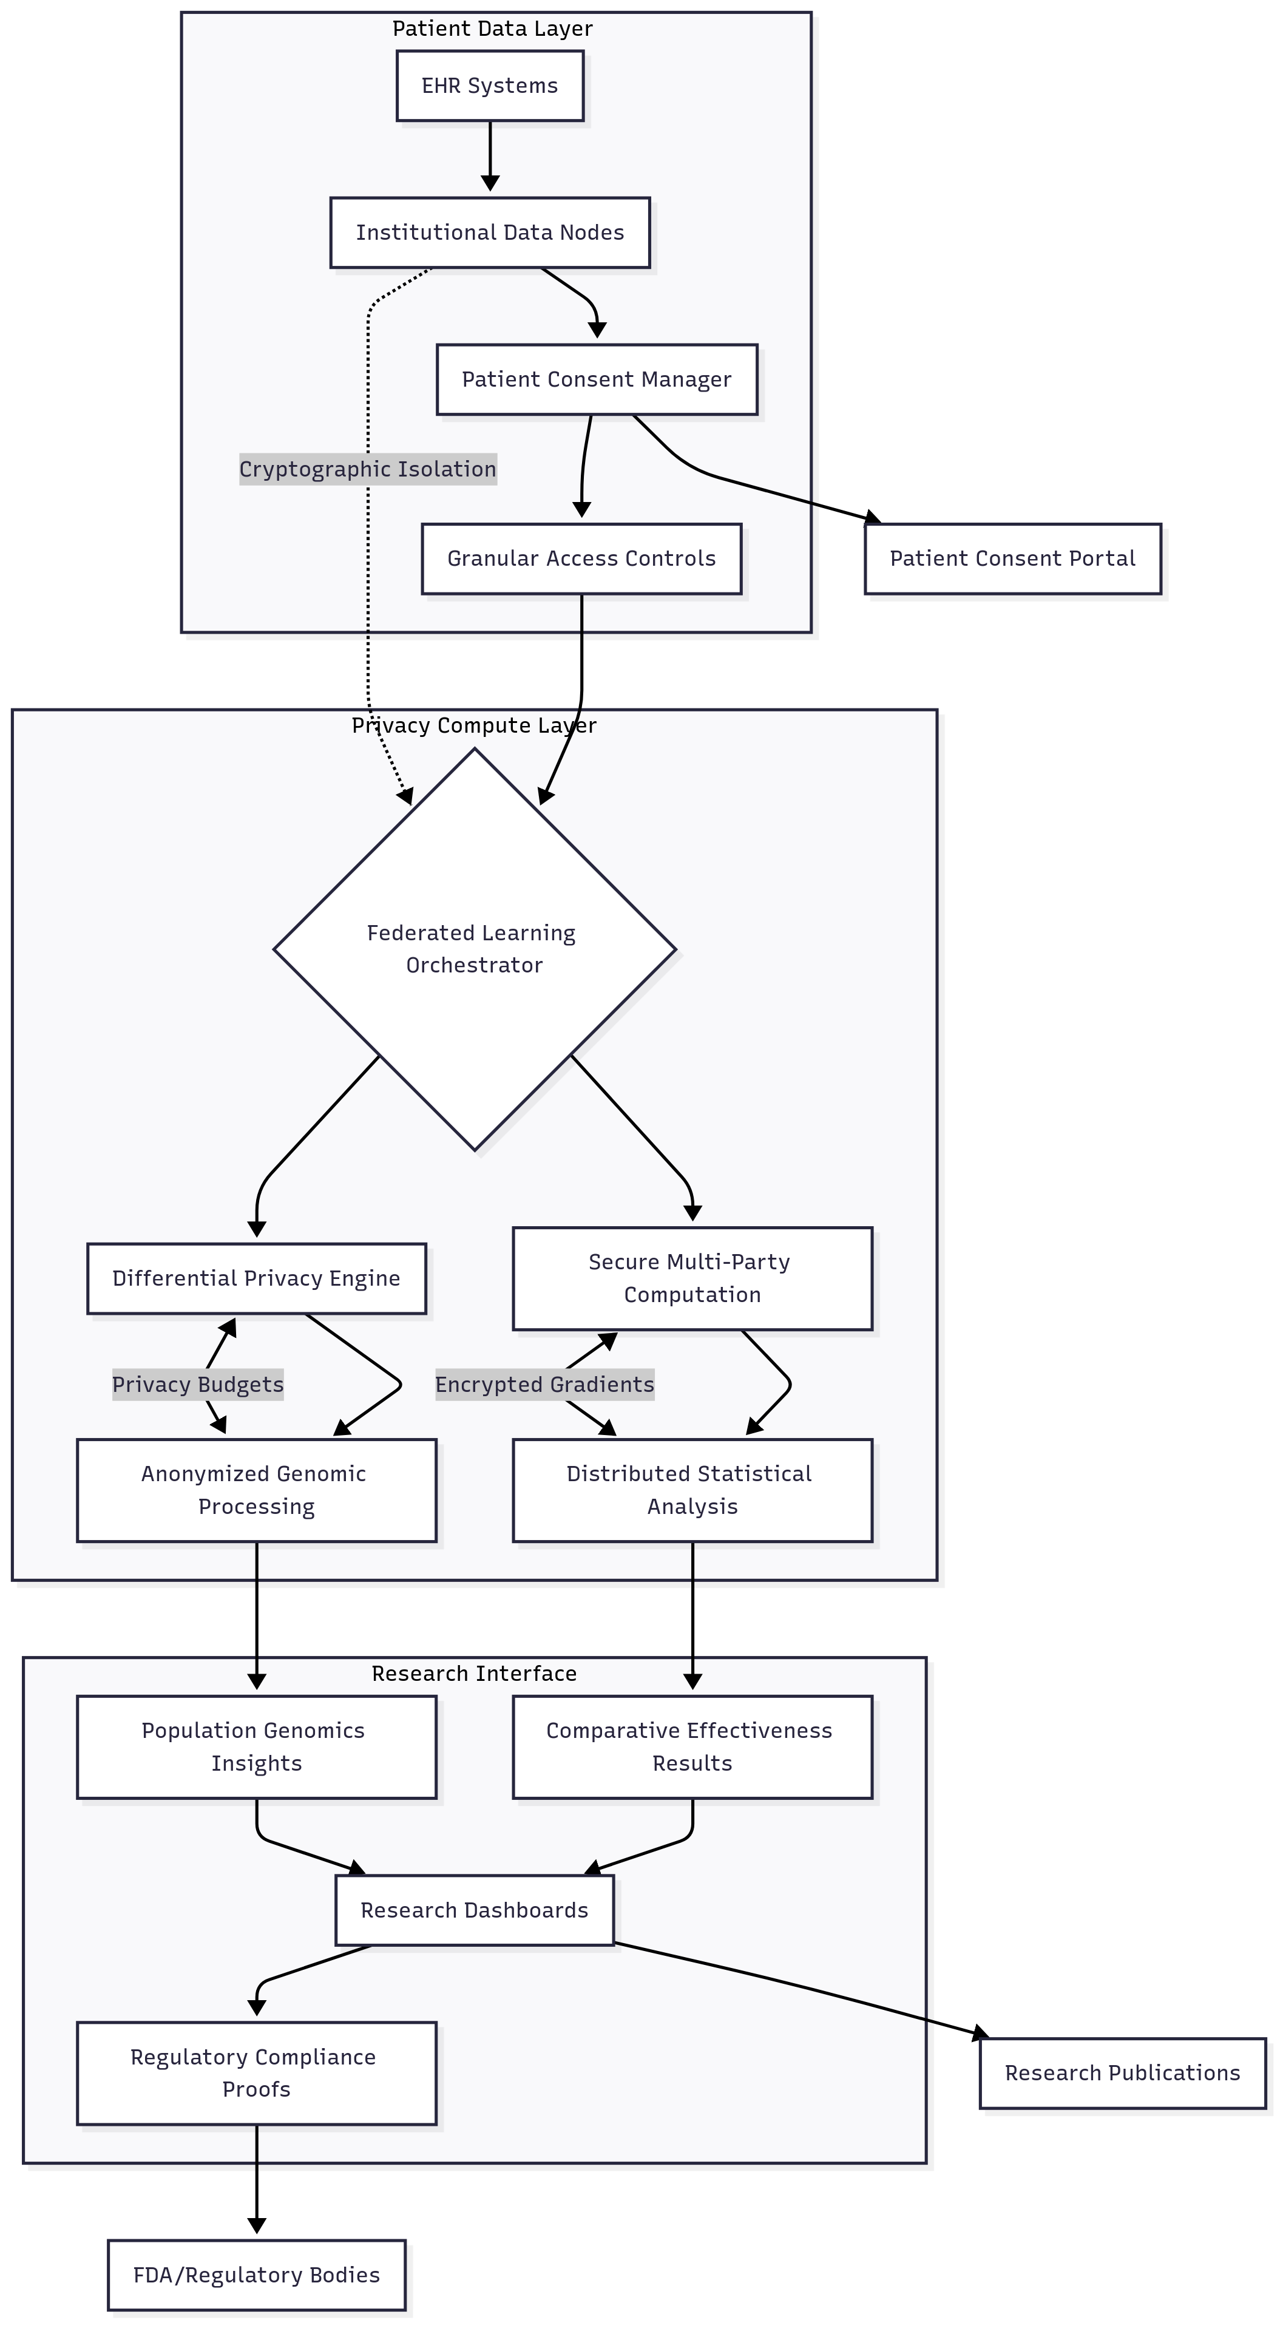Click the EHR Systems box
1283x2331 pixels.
[x=490, y=86]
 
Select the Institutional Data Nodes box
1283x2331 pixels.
[x=490, y=232]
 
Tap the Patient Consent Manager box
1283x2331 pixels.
[x=596, y=379]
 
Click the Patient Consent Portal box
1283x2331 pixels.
[x=1012, y=558]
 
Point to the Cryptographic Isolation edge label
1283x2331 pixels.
[x=367, y=469]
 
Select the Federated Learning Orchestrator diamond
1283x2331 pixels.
[x=474, y=949]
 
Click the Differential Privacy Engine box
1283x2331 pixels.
[x=256, y=1278]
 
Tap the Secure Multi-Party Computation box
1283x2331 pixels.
[x=692, y=1278]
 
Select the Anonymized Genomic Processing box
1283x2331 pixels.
[x=256, y=1490]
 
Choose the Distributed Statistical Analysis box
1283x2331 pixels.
[x=692, y=1490]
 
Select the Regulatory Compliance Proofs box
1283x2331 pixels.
[x=256, y=2072]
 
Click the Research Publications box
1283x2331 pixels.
[x=1122, y=2072]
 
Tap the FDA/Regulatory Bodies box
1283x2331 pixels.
[x=256, y=2275]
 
